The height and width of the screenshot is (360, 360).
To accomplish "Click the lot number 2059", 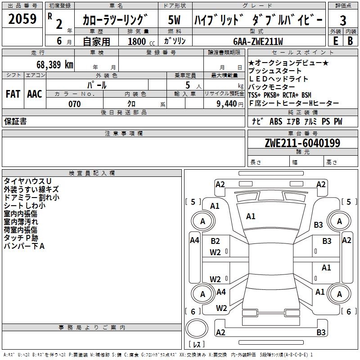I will (22, 19).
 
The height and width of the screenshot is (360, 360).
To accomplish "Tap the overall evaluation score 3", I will (343, 21).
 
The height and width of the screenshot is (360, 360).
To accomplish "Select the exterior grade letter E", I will (335, 40).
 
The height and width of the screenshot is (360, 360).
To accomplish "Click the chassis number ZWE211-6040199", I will (302, 143).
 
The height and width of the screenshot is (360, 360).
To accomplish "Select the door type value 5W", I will (174, 20).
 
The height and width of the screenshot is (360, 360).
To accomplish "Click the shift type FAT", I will (13, 94).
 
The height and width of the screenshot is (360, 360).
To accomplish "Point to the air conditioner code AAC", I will (35, 94).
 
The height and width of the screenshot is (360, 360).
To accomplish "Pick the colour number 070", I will (74, 104).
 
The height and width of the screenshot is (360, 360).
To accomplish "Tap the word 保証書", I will (15, 121).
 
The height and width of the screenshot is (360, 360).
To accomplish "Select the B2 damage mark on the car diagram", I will (215, 241).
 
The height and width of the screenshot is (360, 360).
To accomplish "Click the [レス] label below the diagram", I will (197, 345).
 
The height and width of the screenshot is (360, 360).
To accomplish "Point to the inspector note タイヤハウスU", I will (27, 181).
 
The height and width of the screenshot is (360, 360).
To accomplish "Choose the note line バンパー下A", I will (24, 246).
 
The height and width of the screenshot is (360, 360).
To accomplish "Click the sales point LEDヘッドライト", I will (278, 79).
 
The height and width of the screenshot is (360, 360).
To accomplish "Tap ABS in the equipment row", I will (276, 121).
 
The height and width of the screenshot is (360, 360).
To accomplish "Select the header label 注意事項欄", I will (124, 134).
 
